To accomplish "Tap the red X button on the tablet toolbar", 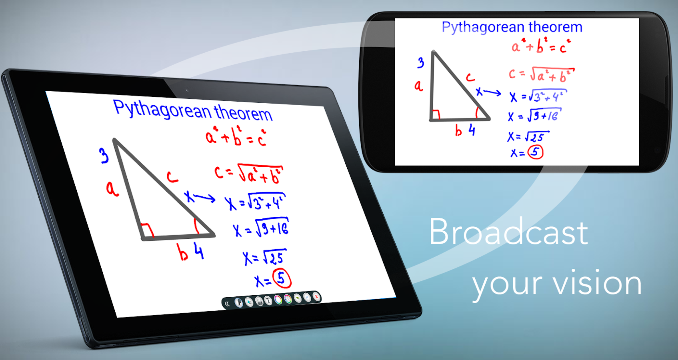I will coord(316,297).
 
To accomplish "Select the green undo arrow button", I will coord(298,298).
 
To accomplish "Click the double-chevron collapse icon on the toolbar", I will coord(227,304).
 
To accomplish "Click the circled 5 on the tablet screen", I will coord(282,278).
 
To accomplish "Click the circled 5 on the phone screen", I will coord(536,152).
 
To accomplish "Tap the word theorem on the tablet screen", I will coord(243,112).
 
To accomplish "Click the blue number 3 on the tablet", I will coord(104,156).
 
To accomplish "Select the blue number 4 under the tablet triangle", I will coord(199,251).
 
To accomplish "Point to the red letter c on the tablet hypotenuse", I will coord(172,177).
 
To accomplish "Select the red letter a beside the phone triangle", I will coord(418,86).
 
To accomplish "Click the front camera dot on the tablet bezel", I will coord(187,90).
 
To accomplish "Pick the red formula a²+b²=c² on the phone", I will coord(541,46).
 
